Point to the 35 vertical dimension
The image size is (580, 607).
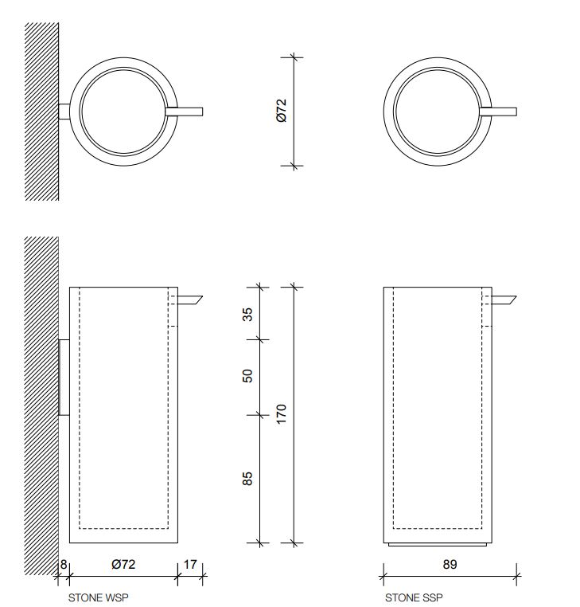click(247, 314)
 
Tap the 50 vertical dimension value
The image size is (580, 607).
click(247, 374)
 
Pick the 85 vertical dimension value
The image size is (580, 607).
click(247, 479)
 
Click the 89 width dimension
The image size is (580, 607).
click(450, 564)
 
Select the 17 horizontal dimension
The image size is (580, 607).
click(190, 564)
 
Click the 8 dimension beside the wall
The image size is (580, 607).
click(64, 564)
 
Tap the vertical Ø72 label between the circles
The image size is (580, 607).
click(281, 111)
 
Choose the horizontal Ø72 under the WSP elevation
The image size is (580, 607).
click(123, 564)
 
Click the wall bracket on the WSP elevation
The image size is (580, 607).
click(64, 377)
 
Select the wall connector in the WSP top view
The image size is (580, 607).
click(64, 111)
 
